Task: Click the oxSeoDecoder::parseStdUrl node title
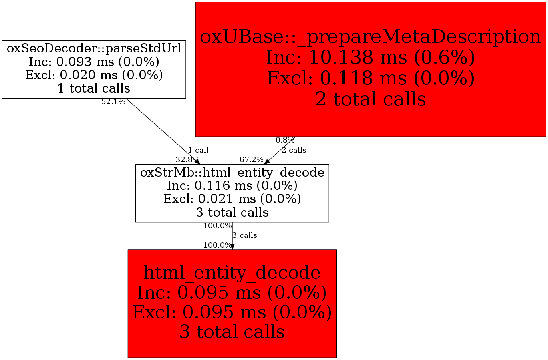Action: tap(94, 49)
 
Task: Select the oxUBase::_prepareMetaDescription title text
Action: tap(370, 37)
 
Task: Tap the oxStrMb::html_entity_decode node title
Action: tap(232, 173)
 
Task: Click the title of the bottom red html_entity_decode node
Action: tap(232, 273)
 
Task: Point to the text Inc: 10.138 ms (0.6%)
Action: tap(370, 58)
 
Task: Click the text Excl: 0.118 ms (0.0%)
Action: tap(370, 78)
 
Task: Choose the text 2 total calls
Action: tap(370, 99)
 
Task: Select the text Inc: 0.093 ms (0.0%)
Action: tap(94, 62)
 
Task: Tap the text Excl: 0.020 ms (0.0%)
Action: tap(94, 75)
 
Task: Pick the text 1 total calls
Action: tap(94, 88)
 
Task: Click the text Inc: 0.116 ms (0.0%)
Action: tap(232, 186)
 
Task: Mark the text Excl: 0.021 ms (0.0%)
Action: tap(232, 199)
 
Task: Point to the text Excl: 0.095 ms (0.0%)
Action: tap(232, 312)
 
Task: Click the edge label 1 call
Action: tap(198, 150)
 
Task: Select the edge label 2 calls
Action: tap(294, 150)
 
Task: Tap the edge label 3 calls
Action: tap(245, 235)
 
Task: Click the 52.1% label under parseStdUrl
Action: tap(113, 102)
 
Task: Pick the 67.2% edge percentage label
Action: tap(251, 160)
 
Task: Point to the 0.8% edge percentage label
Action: tap(285, 140)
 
